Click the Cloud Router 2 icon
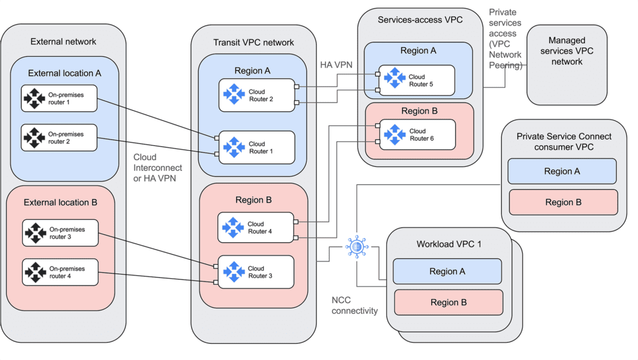(234, 95)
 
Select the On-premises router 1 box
(59, 99)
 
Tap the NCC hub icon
(357, 247)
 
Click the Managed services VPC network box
(566, 69)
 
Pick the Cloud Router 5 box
(416, 80)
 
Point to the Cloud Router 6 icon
(394, 134)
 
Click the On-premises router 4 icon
(34, 272)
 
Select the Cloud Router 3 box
(255, 272)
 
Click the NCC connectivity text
(355, 305)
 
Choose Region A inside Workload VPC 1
(447, 272)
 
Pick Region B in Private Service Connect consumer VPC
(563, 202)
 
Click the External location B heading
(60, 202)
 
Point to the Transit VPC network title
(254, 42)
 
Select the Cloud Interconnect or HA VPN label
(158, 168)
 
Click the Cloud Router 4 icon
(233, 228)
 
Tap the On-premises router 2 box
(59, 138)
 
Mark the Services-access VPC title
(420, 20)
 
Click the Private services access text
(505, 39)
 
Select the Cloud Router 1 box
(255, 148)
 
